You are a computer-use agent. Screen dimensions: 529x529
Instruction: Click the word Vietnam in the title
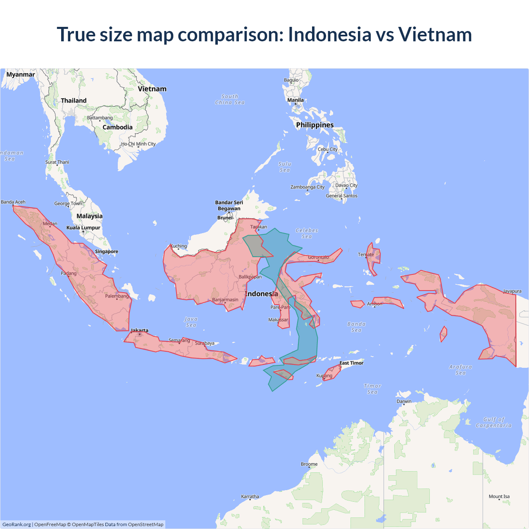[435, 34]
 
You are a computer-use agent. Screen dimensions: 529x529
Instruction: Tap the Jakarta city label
[140, 331]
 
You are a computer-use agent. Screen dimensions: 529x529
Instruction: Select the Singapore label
[107, 251]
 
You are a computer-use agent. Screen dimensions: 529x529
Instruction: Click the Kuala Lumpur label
[83, 228]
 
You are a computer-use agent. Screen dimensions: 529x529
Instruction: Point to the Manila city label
[295, 100]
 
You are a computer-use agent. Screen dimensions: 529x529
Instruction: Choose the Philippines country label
[315, 125]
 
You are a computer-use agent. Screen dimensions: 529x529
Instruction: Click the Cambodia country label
[118, 127]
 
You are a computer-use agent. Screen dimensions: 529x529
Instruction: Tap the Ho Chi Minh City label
[138, 144]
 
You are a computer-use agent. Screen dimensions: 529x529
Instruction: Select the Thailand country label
[74, 100]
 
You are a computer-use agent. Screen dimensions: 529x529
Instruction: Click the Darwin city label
[404, 401]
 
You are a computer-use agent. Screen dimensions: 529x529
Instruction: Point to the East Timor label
[351, 363]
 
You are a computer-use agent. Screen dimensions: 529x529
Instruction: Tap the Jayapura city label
[512, 291]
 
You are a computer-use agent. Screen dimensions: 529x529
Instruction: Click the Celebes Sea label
[307, 233]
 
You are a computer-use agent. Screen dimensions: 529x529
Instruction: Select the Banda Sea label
[356, 327]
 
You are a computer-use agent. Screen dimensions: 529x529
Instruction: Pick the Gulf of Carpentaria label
[493, 422]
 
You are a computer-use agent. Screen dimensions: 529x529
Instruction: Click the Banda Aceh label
[13, 202]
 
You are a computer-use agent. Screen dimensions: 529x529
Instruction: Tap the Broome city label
[309, 464]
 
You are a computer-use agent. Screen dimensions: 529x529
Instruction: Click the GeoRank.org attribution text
[17, 524]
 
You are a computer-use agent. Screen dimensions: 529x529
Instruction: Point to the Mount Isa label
[499, 496]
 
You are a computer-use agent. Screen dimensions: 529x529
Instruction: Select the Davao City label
[346, 185]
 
